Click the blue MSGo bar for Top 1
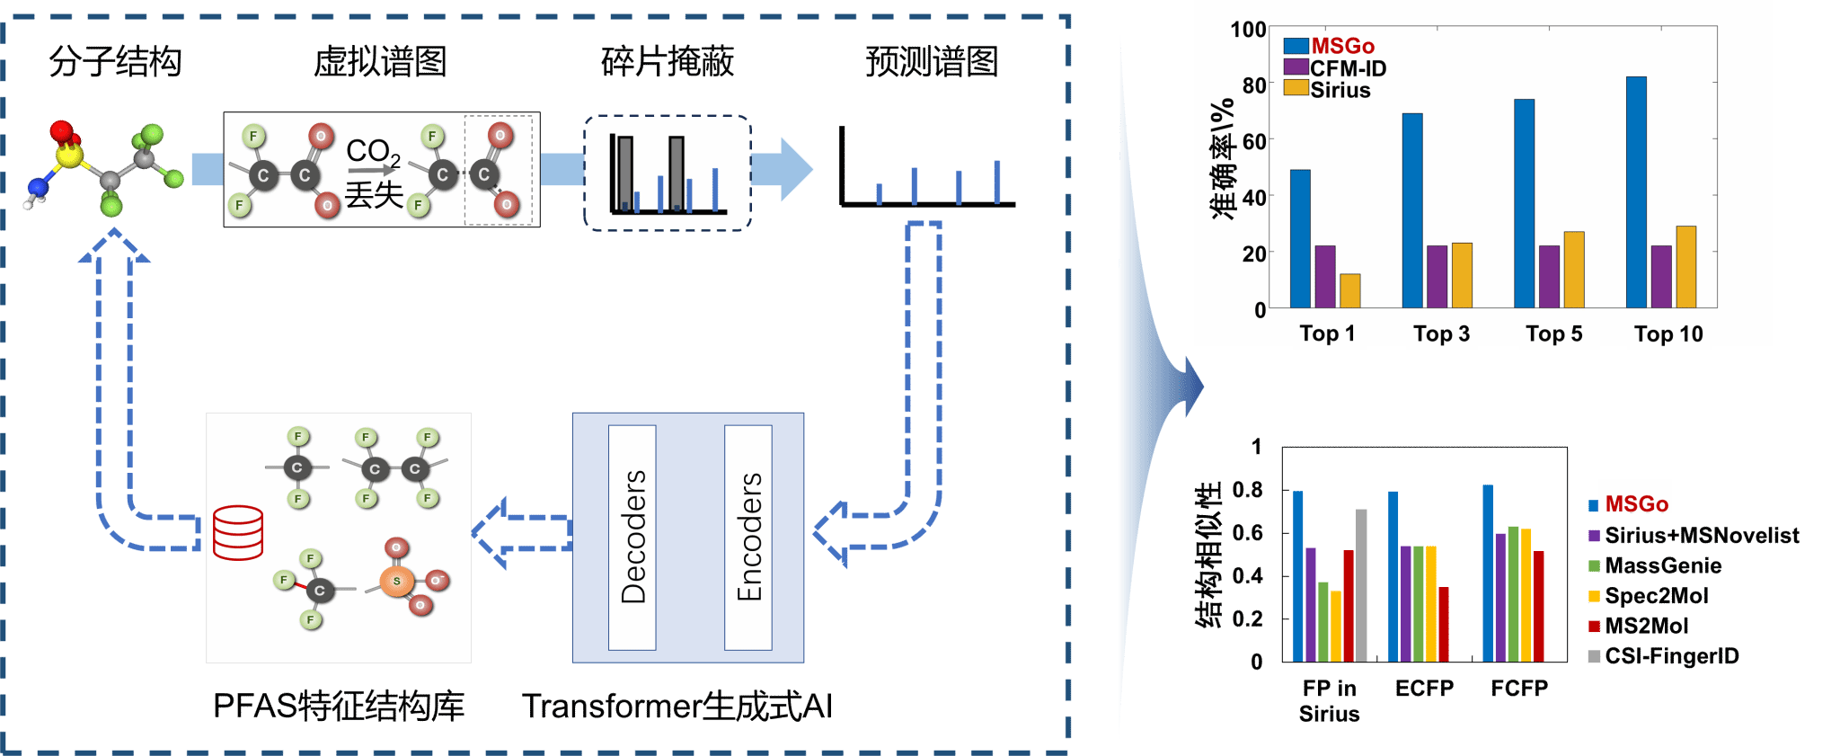1300,239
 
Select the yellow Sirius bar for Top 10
1685,267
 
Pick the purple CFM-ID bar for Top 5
1549,277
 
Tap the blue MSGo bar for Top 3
1412,210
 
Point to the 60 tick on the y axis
1253,141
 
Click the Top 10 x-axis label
1667,334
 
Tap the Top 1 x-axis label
1327,334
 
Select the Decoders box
632,538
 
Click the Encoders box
748,538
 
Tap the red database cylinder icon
238,533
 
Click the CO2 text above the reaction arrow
372,151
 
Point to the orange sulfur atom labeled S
396,581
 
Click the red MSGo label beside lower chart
1636,504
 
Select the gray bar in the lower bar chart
1361,584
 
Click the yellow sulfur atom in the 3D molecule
69,156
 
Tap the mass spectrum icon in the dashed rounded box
667,173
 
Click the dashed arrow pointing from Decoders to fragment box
521,534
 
